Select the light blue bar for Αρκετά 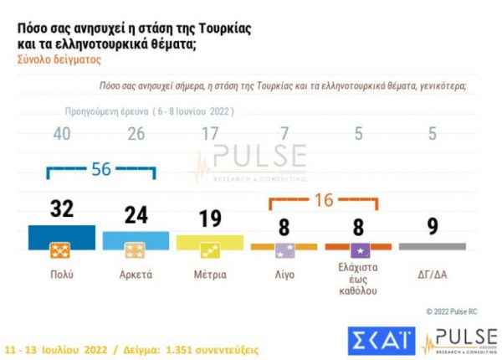[136, 241]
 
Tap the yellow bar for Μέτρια [210, 243]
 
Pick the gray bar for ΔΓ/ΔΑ [433, 246]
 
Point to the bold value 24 [136, 216]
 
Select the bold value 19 [210, 219]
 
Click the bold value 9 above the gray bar [433, 227]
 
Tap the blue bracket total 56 [101, 168]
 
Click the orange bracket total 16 [323, 201]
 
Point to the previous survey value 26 [136, 134]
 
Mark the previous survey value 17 [210, 134]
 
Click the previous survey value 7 [284, 134]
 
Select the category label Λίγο [284, 274]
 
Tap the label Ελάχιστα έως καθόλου [358, 279]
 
